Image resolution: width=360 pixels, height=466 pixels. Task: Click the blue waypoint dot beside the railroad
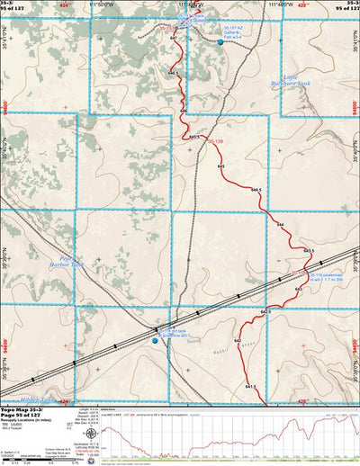pos(154,341)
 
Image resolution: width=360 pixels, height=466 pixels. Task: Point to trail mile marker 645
pos(221,167)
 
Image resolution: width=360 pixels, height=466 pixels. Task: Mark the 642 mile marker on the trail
pos(238,343)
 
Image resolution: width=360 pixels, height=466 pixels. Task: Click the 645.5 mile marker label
pos(194,137)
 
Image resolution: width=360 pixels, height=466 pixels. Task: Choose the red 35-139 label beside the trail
pos(214,141)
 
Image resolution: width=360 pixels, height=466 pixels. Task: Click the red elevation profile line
pos(225,426)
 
